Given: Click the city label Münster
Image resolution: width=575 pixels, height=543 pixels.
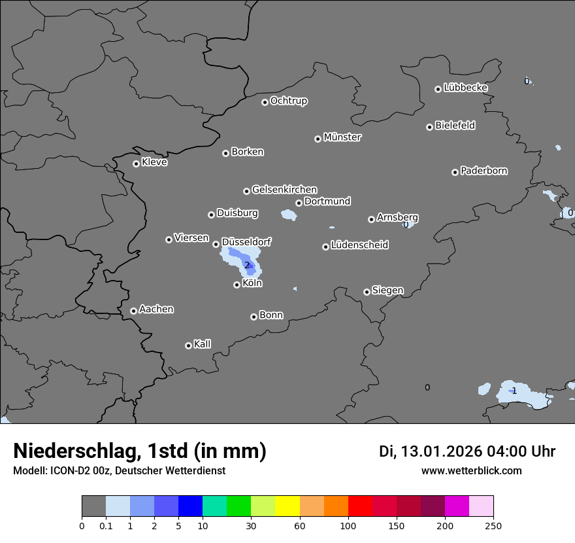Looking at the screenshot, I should pyautogui.click(x=342, y=137).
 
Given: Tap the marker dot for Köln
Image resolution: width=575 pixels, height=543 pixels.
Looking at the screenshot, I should pyautogui.click(x=237, y=285).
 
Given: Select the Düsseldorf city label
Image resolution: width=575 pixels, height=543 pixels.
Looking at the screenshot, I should pyautogui.click(x=246, y=241).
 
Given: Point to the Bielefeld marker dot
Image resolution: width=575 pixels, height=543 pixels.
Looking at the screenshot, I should pyautogui.click(x=430, y=127).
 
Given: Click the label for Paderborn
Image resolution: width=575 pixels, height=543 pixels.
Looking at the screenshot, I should pyautogui.click(x=484, y=171).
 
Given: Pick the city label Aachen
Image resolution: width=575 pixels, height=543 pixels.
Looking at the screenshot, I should pyautogui.click(x=156, y=309).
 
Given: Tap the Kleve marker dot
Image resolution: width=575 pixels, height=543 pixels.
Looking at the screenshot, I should pyautogui.click(x=136, y=164).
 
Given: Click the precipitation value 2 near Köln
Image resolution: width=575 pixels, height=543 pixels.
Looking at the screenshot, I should pyautogui.click(x=247, y=265).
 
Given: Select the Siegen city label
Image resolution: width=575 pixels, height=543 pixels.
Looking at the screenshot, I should pyautogui.click(x=387, y=290).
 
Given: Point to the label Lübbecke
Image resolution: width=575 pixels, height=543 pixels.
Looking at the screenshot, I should pyautogui.click(x=465, y=88).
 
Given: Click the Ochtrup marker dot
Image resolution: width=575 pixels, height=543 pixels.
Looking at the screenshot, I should pyautogui.click(x=265, y=102).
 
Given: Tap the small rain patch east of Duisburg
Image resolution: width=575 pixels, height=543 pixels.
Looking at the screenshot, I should pyautogui.click(x=287, y=214).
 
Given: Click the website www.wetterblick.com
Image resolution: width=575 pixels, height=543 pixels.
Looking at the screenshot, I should pyautogui.click(x=471, y=470).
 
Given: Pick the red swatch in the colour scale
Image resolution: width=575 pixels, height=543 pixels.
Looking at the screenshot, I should pyautogui.click(x=360, y=506).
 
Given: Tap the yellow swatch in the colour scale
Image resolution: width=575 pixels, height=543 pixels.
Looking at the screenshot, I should pyautogui.click(x=287, y=506).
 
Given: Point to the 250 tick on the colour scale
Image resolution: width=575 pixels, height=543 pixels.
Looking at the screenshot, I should pyautogui.click(x=493, y=525).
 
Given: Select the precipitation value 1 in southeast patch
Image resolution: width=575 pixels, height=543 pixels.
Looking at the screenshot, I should pyautogui.click(x=514, y=391).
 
